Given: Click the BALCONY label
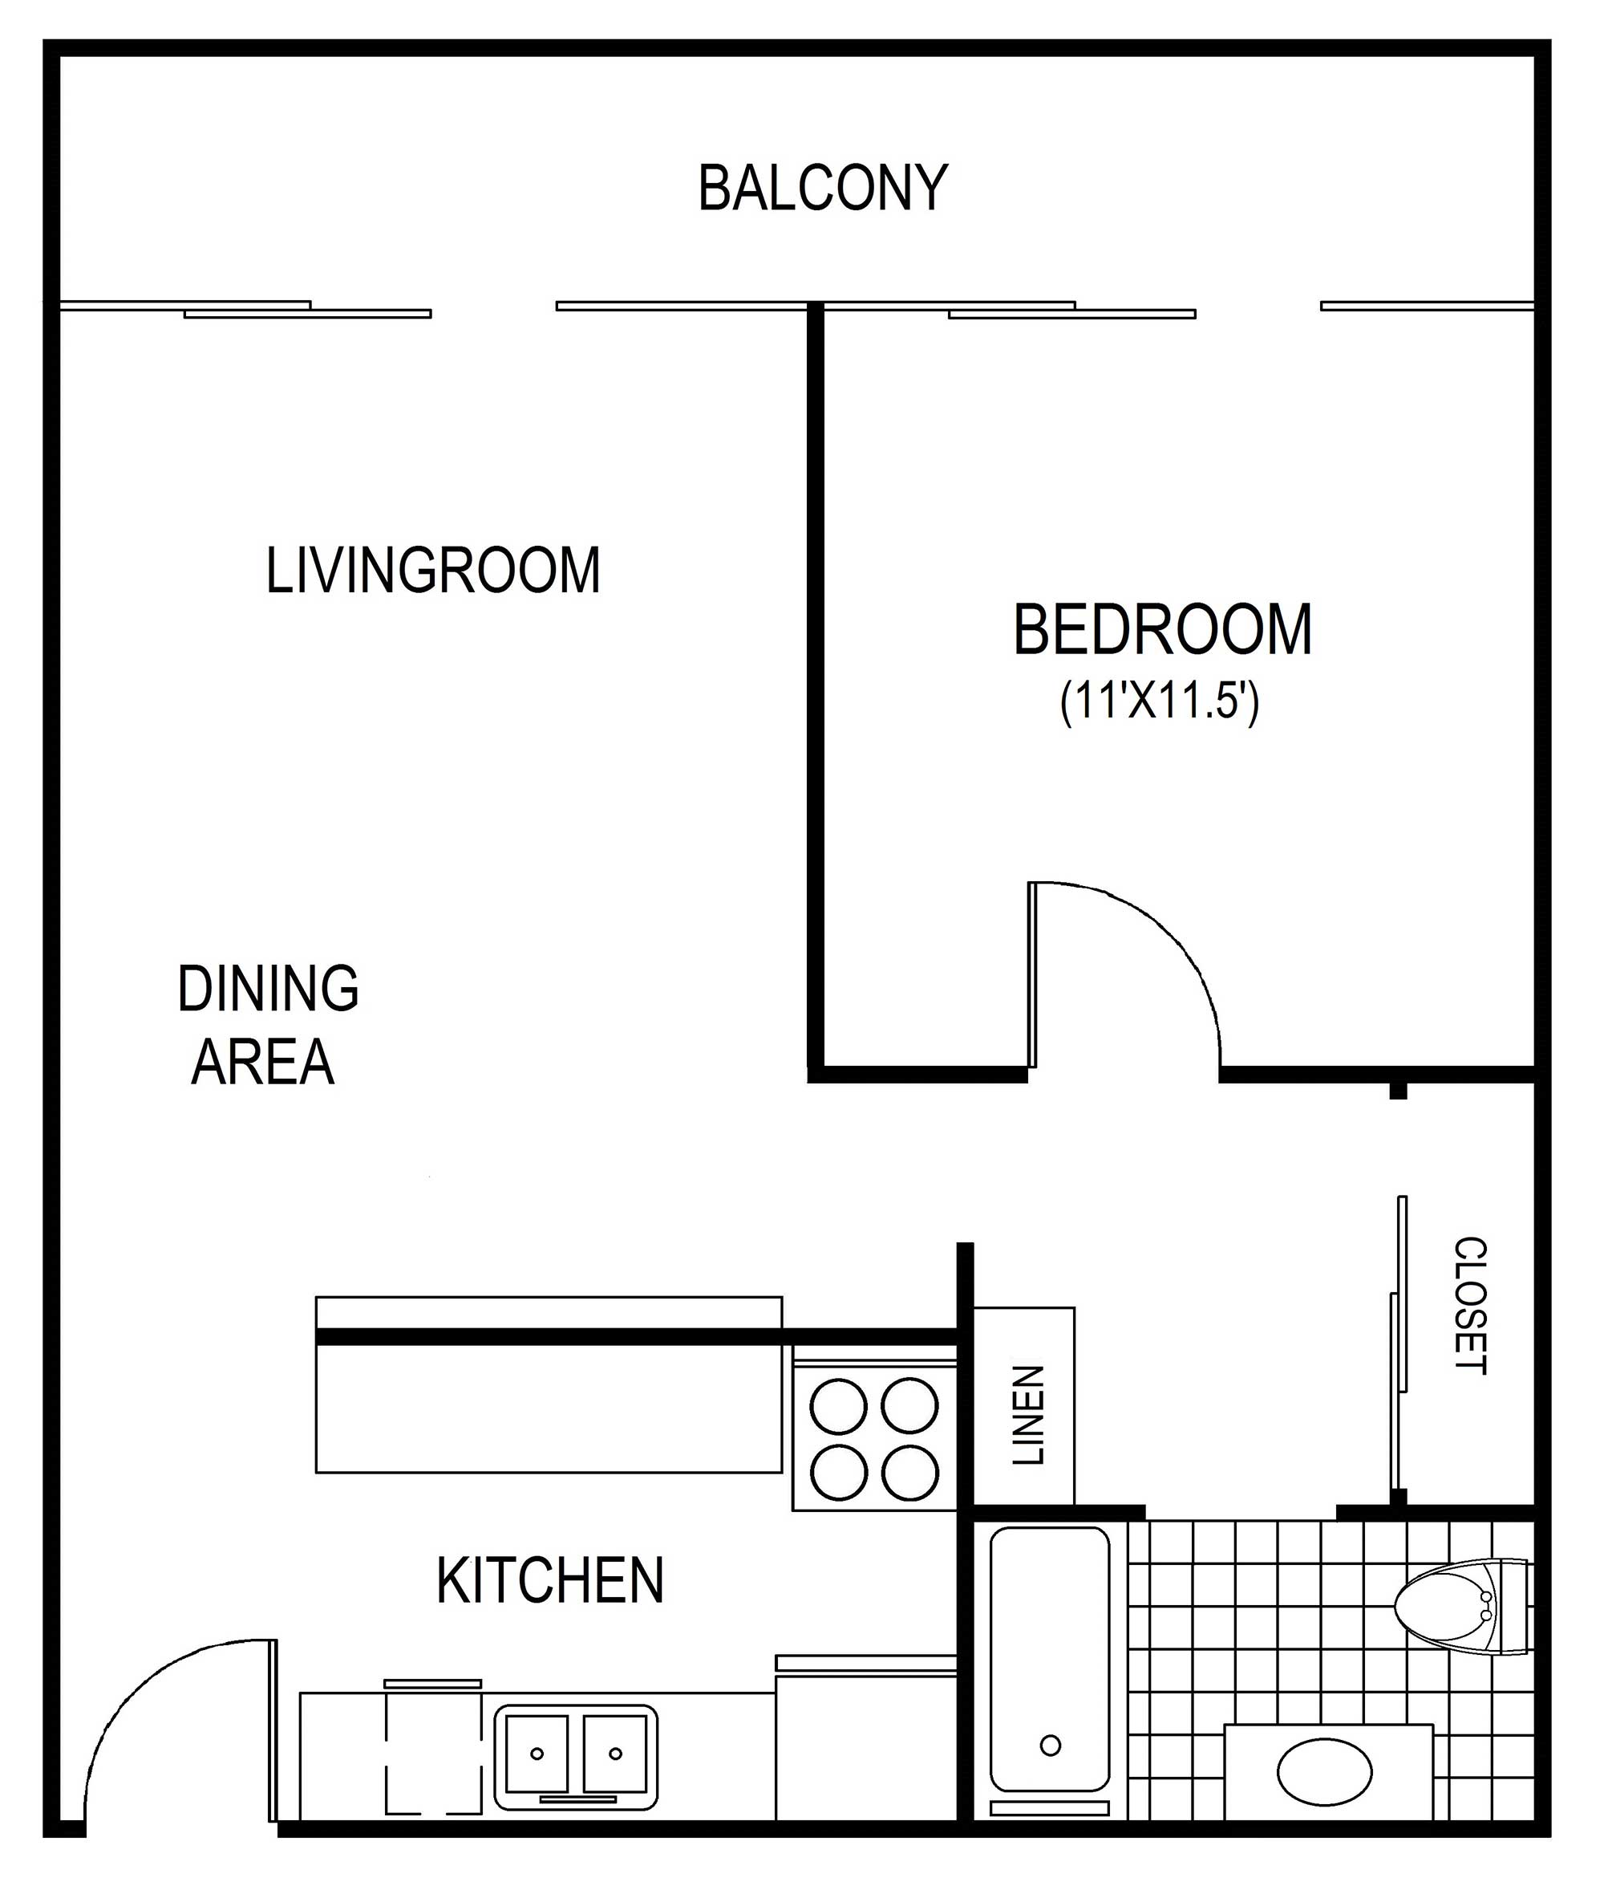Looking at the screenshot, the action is (x=823, y=189).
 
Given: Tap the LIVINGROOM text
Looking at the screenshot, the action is (x=433, y=571).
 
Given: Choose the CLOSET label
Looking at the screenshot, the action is (x=1470, y=1305).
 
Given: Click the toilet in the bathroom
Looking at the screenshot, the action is (x=1463, y=1608).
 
